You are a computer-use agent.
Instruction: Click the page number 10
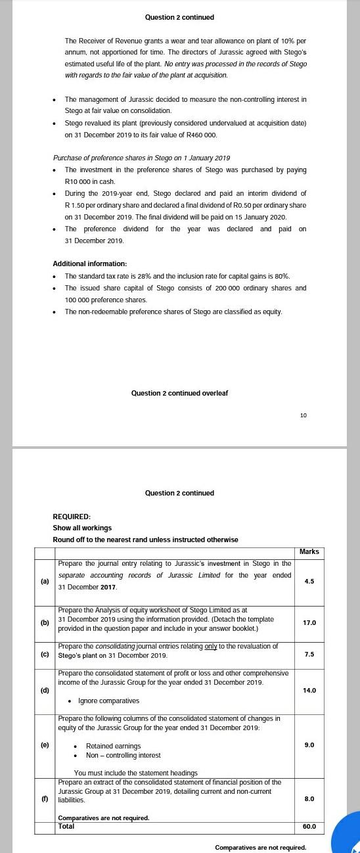pyautogui.click(x=303, y=415)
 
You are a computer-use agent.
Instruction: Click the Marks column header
pyautogui.click(x=309, y=552)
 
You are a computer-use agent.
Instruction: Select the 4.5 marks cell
pyautogui.click(x=309, y=582)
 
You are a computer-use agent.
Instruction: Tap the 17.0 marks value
pyautogui.click(x=309, y=622)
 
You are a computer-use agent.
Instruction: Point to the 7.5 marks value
pyautogui.click(x=309, y=655)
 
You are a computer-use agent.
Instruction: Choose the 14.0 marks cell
pyautogui.click(x=309, y=690)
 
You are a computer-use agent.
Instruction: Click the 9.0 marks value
pyautogui.click(x=309, y=745)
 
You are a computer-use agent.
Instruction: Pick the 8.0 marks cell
pyautogui.click(x=309, y=798)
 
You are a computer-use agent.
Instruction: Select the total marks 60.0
pyautogui.click(x=309, y=826)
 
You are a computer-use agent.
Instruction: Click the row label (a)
pyautogui.click(x=45, y=582)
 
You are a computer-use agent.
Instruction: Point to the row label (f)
pyautogui.click(x=45, y=798)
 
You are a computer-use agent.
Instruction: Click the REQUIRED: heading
pyautogui.click(x=72, y=517)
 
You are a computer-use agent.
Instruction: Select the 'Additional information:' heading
pyautogui.click(x=89, y=264)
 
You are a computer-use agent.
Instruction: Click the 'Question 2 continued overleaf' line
pyautogui.click(x=179, y=393)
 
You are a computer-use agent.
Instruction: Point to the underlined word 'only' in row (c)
pyautogui.click(x=211, y=647)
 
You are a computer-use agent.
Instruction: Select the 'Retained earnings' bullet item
pyautogui.click(x=113, y=746)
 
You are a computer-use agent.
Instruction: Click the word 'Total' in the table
pyautogui.click(x=66, y=826)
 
